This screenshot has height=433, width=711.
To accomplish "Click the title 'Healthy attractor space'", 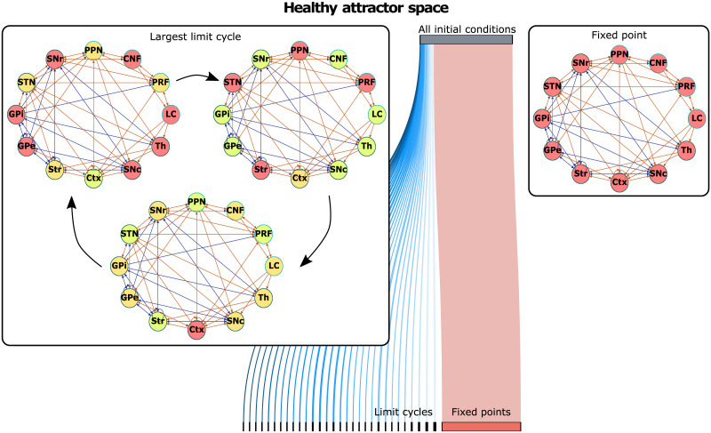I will [x=356, y=10].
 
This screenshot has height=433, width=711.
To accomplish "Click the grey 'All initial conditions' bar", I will [x=467, y=40].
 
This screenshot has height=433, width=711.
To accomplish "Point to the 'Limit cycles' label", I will [x=403, y=413].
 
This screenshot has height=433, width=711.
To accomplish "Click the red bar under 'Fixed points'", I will [x=481, y=427].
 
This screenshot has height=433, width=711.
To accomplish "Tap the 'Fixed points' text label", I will [x=481, y=413].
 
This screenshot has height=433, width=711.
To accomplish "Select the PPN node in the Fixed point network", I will [x=619, y=56].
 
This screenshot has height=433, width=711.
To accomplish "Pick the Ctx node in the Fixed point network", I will [x=619, y=182].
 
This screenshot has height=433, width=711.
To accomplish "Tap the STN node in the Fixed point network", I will [x=553, y=86].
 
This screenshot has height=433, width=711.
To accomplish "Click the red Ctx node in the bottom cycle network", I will [x=196, y=329].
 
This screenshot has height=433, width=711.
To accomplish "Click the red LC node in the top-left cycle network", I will [x=171, y=114].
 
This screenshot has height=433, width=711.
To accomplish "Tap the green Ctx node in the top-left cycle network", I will [x=93, y=178].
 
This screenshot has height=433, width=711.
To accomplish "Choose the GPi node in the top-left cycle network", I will [x=15, y=114].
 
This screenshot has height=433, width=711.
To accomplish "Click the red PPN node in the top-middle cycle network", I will [x=300, y=52].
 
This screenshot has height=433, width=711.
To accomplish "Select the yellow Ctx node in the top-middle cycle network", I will [x=300, y=178].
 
